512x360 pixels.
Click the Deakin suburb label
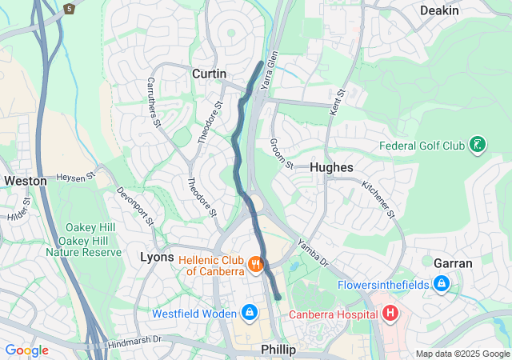pos(439,10)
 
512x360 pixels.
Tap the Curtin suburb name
pos(209,74)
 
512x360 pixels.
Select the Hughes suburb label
pos(330,167)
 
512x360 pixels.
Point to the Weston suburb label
pos(25,181)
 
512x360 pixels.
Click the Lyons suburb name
pos(157,257)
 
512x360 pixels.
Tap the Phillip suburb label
pos(279,350)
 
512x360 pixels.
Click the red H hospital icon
pos(390,313)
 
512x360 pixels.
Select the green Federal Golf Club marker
pos(478,145)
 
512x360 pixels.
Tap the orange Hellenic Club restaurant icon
pos(255,263)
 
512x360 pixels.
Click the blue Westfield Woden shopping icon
pos(249,311)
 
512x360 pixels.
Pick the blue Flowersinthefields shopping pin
pos(441,283)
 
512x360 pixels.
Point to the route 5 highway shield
pos(70,8)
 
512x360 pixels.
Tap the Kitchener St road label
pos(378,198)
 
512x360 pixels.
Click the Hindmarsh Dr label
pos(134,341)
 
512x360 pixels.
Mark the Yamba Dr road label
pos(313,252)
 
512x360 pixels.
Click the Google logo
pos(26,350)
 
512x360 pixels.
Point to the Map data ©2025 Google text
pos(462,354)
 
